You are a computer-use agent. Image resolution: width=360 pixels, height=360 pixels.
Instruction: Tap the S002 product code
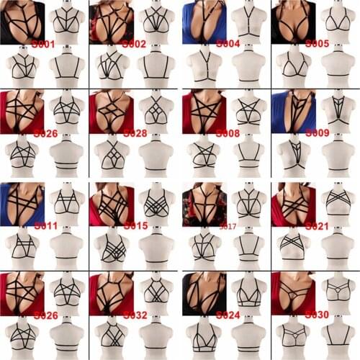133,44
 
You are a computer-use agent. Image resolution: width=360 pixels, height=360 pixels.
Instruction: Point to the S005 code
317,44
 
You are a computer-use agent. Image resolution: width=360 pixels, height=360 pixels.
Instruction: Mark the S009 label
317,134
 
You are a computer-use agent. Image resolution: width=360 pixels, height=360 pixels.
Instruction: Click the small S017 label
228,226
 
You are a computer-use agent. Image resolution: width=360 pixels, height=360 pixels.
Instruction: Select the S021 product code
317,225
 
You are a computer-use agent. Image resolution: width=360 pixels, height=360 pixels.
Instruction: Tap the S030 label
317,315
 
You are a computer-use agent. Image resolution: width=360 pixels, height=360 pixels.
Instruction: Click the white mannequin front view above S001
68,22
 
